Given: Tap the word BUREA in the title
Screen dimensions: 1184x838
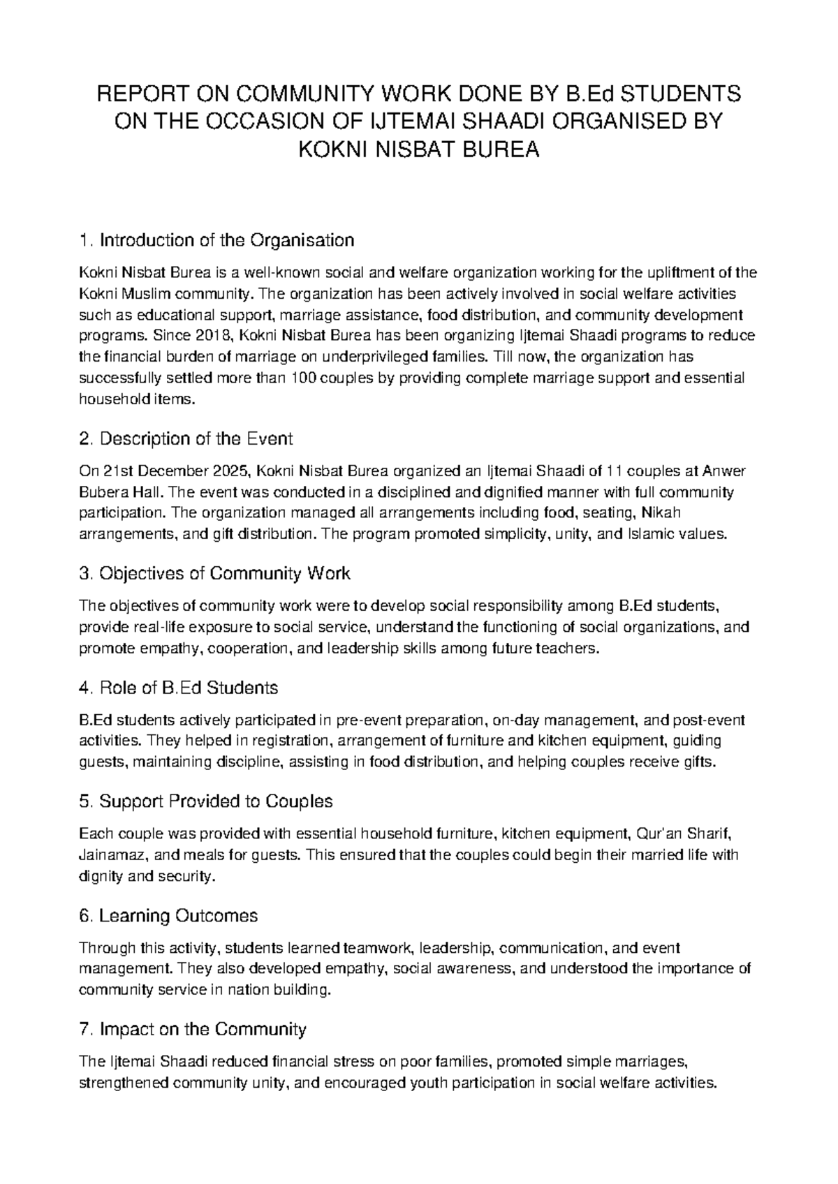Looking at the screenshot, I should click(x=506, y=150).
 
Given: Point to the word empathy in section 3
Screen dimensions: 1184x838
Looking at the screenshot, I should click(x=168, y=649).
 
